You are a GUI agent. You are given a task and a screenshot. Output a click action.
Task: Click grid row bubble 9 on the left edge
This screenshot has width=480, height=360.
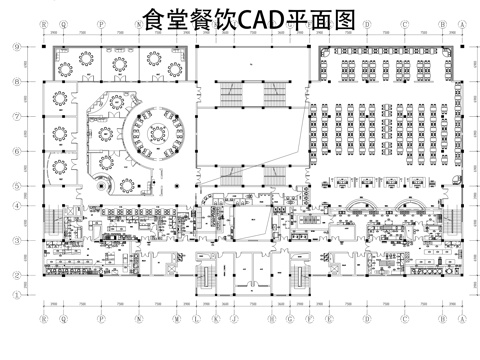coord(15,46)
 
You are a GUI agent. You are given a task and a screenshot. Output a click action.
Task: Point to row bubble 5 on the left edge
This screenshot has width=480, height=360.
coord(15,185)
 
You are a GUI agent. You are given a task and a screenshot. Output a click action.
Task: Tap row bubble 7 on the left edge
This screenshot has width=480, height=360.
coord(15,116)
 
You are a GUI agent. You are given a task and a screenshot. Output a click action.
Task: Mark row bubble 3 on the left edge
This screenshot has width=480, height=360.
coord(15,241)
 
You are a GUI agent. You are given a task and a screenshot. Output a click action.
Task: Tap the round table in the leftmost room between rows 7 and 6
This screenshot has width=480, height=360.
coord(59,131)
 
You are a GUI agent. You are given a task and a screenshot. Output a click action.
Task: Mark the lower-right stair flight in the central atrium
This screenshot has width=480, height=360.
coord(276,171)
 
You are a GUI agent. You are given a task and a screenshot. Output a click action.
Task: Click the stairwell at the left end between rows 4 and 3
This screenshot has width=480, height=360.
coord(53,222)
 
